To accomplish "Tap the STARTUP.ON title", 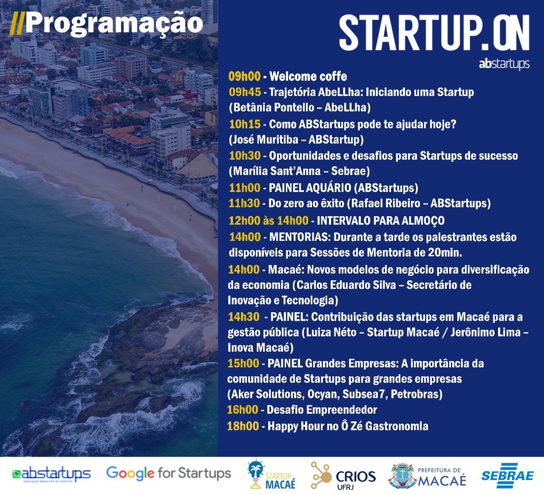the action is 434,33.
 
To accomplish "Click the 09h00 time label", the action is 244,76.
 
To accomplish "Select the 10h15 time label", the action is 245,124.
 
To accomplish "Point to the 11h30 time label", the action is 244,203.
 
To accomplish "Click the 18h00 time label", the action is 243,426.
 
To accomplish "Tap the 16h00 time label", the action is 243,409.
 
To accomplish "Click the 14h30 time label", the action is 244,317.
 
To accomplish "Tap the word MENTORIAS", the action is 299,237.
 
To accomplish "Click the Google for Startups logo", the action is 168,473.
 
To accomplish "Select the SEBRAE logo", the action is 507,476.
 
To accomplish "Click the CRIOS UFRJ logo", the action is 343,476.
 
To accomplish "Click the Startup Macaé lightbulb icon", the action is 255,474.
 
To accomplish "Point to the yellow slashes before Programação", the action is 17,25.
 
